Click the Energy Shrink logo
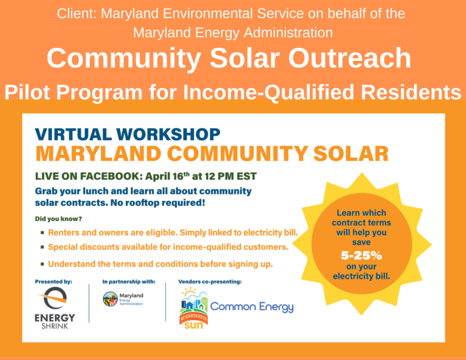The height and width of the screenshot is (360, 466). point(55,308)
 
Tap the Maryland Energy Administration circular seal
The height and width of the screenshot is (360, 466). point(110,299)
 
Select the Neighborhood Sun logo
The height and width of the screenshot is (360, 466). point(194,308)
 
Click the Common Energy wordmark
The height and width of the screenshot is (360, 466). point(252,307)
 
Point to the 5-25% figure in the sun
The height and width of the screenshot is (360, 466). point(361,255)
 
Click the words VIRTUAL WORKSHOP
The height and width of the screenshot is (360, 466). point(128,134)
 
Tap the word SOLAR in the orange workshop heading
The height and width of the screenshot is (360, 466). point(351,154)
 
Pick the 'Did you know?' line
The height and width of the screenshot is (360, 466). point(58,219)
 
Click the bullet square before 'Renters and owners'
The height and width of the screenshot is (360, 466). point(42,233)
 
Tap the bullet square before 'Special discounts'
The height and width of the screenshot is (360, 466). point(42,247)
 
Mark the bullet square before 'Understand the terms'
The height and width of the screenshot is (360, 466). point(42,264)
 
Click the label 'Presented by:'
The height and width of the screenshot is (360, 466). point(54,282)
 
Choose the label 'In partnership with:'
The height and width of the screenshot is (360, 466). point(129,282)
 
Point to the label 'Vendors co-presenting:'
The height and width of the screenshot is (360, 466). point(210,282)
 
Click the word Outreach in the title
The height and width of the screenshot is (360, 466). point(350,58)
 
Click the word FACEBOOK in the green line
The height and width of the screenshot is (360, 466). point(110,176)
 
